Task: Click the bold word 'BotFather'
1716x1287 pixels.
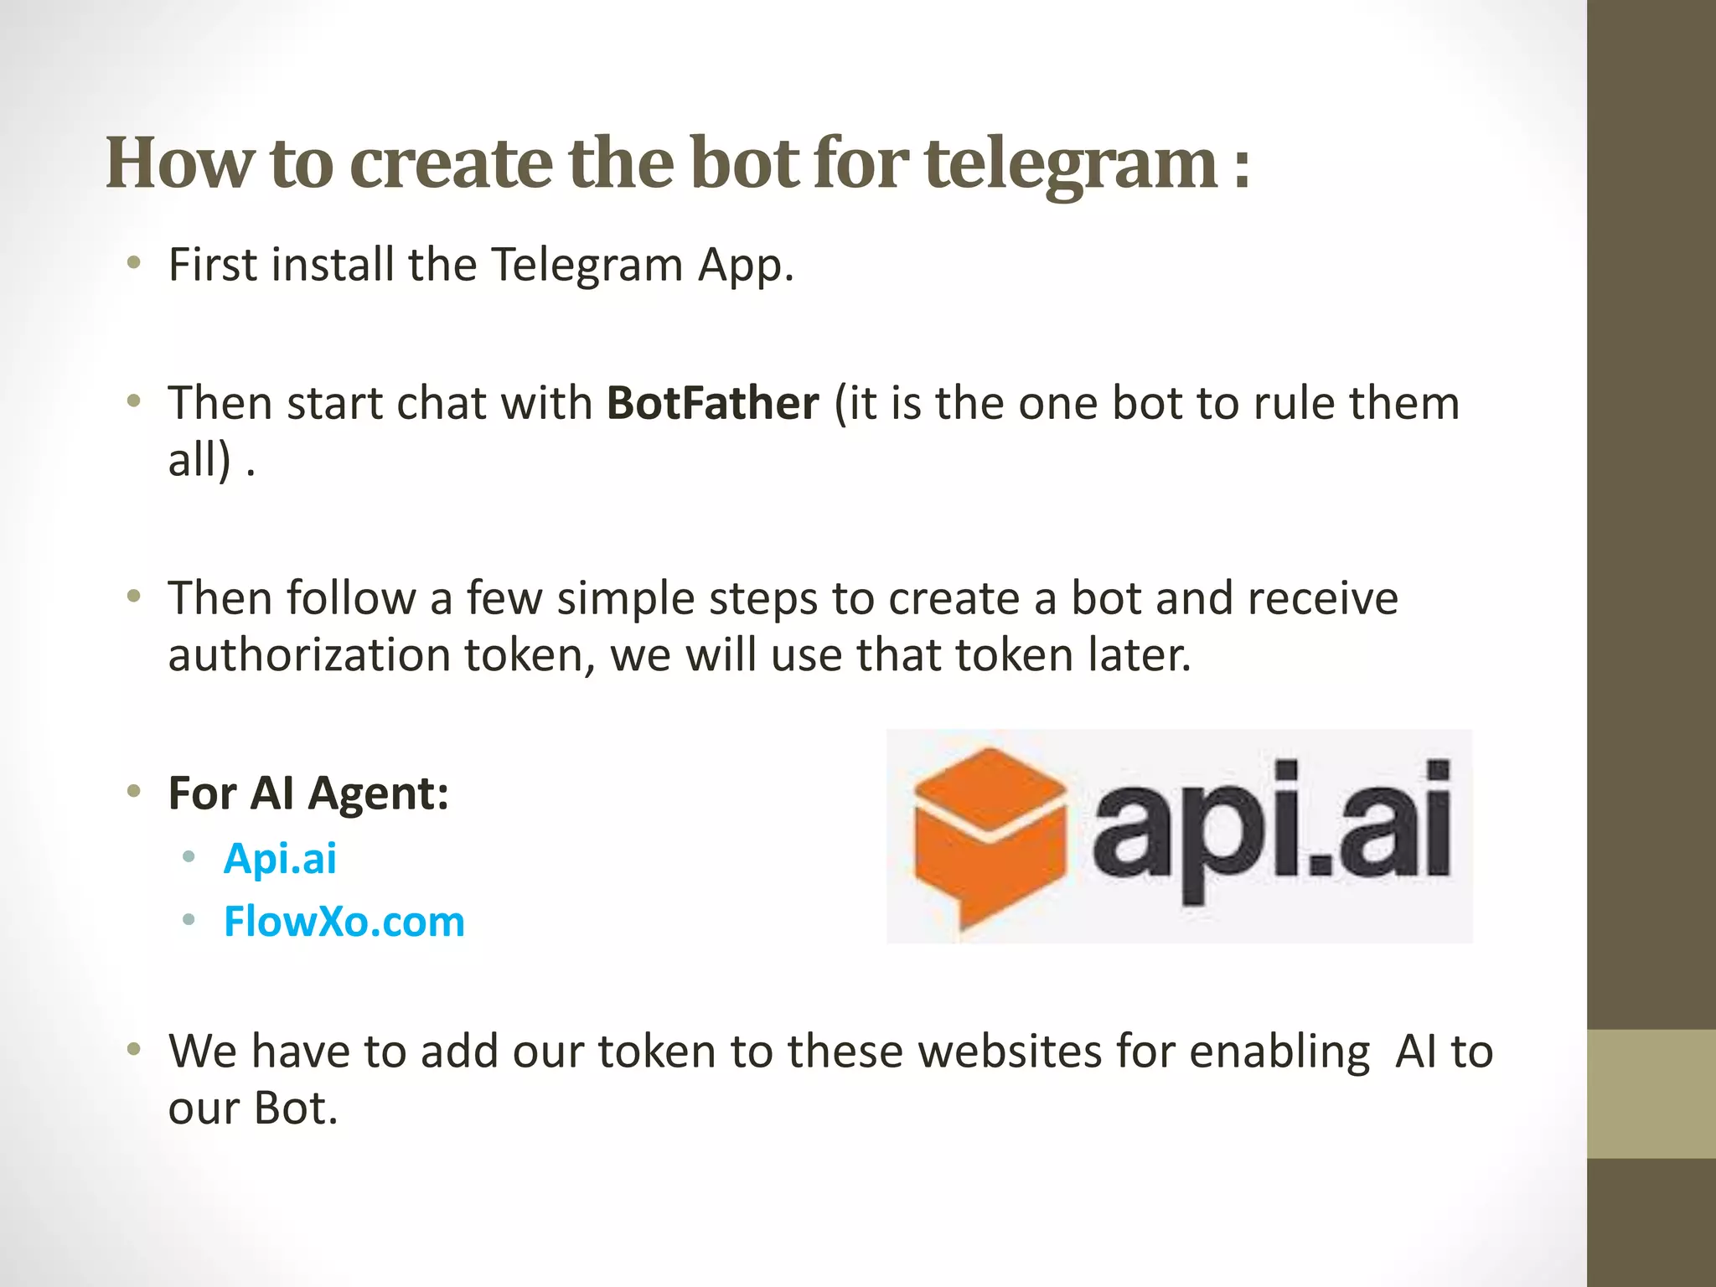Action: tap(712, 403)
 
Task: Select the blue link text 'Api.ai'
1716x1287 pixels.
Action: tap(280, 858)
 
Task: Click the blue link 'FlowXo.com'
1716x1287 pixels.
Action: tap(344, 922)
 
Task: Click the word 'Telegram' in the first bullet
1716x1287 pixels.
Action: tap(586, 266)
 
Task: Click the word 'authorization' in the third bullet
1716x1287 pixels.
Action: tap(309, 655)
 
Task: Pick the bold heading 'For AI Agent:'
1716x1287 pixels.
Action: tap(308, 793)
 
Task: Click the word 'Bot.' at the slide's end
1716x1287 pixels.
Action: tap(295, 1108)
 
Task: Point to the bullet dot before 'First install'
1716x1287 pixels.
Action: tap(133, 264)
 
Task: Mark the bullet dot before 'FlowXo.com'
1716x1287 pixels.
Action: tap(189, 920)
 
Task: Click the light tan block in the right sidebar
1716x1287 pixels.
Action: tap(1651, 1093)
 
